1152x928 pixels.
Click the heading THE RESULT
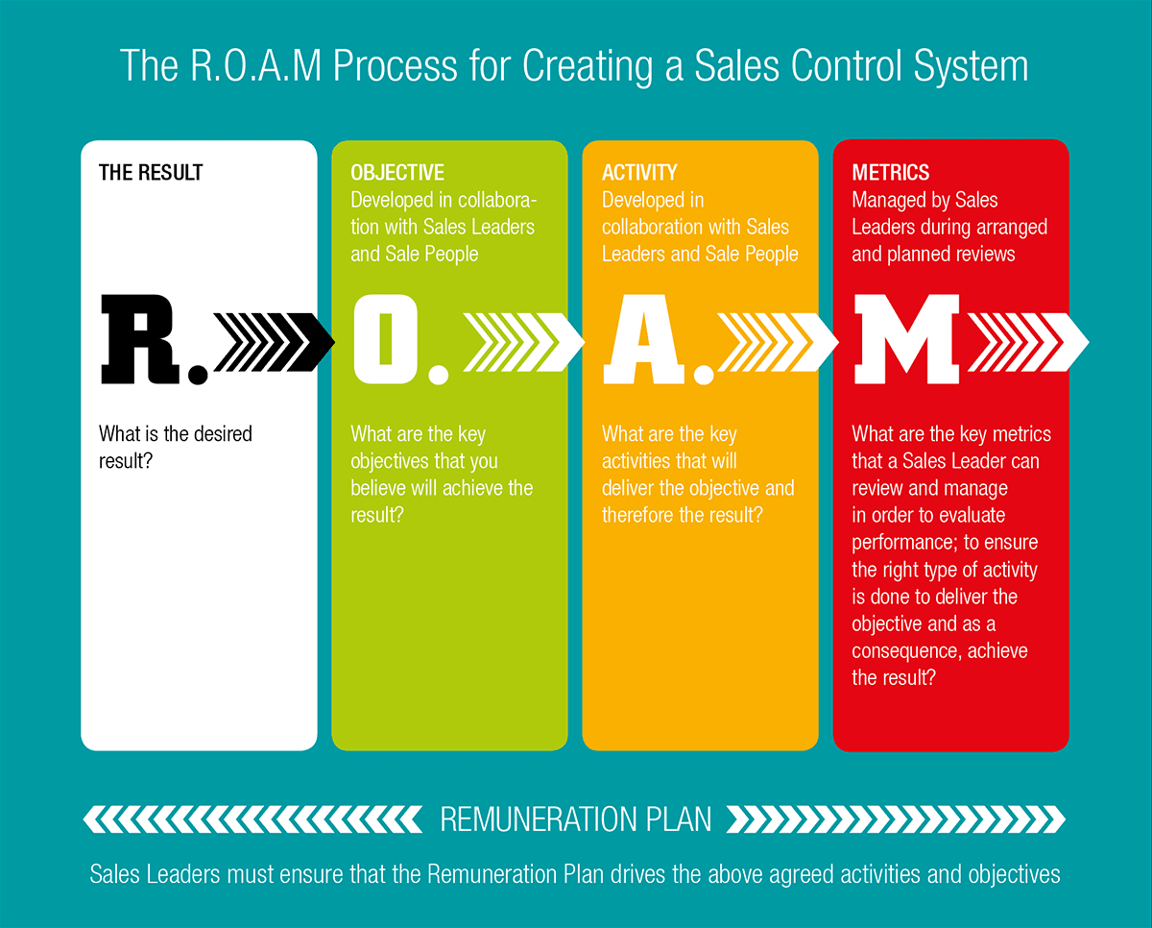click(x=151, y=173)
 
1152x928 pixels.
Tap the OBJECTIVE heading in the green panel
click(x=397, y=173)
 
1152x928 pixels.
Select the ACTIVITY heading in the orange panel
click(x=639, y=173)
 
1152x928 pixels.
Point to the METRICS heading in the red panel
click(x=890, y=173)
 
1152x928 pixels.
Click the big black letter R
click(x=140, y=339)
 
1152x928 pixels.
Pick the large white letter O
click(x=385, y=339)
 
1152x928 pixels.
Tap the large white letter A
click(x=644, y=339)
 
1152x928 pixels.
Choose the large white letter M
click(x=906, y=339)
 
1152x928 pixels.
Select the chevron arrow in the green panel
click(x=523, y=342)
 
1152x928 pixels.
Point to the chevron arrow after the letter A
click(x=778, y=342)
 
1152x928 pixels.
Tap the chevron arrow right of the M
click(x=1028, y=342)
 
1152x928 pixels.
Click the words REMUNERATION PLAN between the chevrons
click(x=575, y=819)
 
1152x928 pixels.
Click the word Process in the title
click(x=396, y=65)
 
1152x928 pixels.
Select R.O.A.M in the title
click(x=255, y=65)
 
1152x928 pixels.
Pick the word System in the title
click(x=971, y=66)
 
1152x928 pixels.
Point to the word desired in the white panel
click(x=223, y=433)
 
